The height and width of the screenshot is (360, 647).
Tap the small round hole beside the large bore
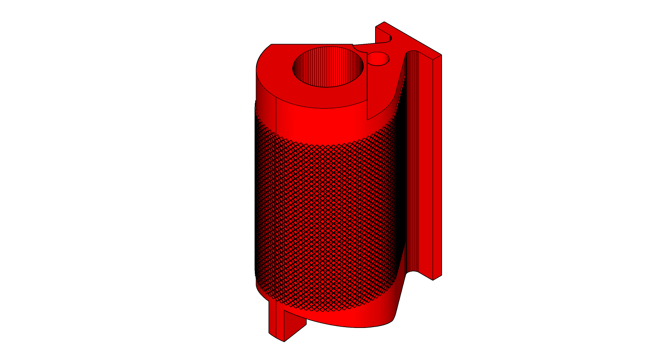378,59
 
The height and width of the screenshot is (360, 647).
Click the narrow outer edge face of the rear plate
437,166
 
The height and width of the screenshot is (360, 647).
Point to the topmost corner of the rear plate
384,22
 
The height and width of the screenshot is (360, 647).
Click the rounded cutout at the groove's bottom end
412,273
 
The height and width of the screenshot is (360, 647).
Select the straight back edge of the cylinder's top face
312,44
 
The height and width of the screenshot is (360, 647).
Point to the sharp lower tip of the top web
368,119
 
